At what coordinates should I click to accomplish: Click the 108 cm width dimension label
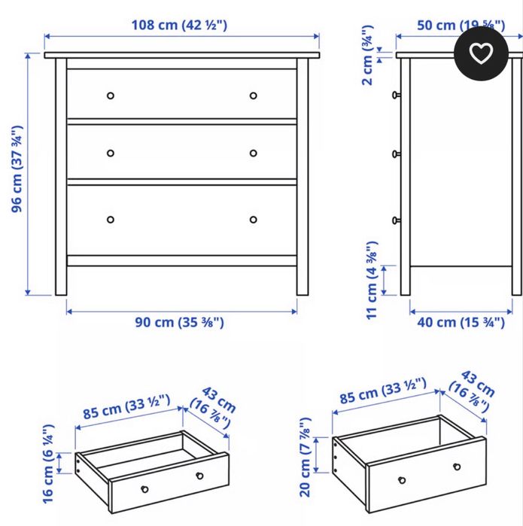pyautogui.click(x=180, y=25)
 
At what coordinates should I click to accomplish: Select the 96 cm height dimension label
pyautogui.click(x=17, y=168)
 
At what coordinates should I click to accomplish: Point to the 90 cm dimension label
pyautogui.click(x=180, y=322)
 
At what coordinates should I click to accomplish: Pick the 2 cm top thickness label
pyautogui.click(x=366, y=56)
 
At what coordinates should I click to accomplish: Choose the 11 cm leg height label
pyautogui.click(x=371, y=280)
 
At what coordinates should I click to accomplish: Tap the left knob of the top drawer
pyautogui.click(x=111, y=96)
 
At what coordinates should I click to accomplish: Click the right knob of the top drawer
pyautogui.click(x=253, y=96)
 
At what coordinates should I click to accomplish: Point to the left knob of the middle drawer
pyautogui.click(x=111, y=153)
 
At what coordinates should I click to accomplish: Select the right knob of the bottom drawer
pyautogui.click(x=253, y=220)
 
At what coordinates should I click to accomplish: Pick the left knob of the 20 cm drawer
pyautogui.click(x=402, y=479)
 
